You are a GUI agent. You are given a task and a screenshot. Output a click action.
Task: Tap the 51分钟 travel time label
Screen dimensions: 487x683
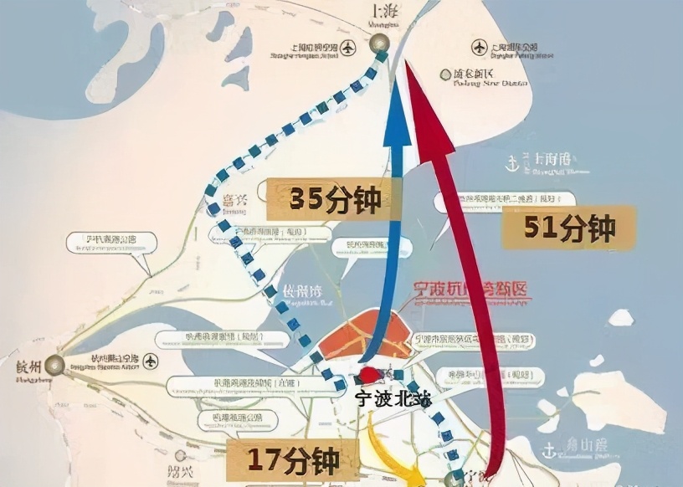(x=569, y=228)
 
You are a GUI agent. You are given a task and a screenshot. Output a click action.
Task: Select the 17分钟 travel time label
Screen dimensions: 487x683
(x=293, y=460)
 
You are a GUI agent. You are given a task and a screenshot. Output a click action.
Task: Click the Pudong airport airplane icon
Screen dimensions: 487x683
(x=478, y=46)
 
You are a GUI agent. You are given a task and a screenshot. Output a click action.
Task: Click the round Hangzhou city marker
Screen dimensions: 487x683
(x=55, y=363)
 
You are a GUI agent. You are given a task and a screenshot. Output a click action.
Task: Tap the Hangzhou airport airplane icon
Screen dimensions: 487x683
(x=151, y=361)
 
